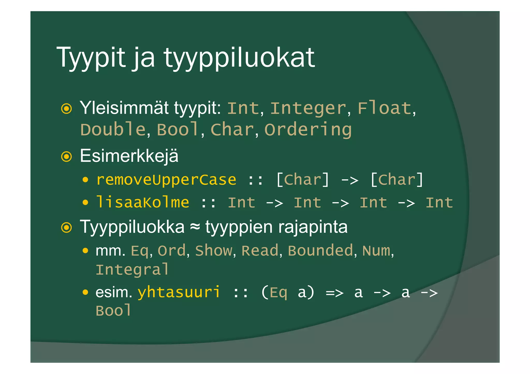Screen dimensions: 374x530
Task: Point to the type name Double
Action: pos(113,129)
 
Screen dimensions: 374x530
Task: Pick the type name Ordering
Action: pos(308,129)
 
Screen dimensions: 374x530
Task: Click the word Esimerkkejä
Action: pos(129,156)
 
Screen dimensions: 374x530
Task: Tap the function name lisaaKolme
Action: pos(143,202)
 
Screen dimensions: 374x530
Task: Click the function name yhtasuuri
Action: pos(179,292)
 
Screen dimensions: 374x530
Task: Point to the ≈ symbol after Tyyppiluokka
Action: pos(195,227)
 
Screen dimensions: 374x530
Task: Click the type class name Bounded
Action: pos(320,251)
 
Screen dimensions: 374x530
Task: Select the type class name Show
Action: pos(214,251)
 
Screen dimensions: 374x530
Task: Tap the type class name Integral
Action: pos(132,270)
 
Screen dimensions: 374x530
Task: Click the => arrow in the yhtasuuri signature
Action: pos(335,293)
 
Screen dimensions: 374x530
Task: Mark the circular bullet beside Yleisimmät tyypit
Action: pos(67,109)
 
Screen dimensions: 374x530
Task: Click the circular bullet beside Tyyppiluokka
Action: pos(67,228)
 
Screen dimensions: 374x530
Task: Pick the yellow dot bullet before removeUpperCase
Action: pos(85,180)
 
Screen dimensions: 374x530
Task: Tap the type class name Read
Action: pos(260,251)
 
